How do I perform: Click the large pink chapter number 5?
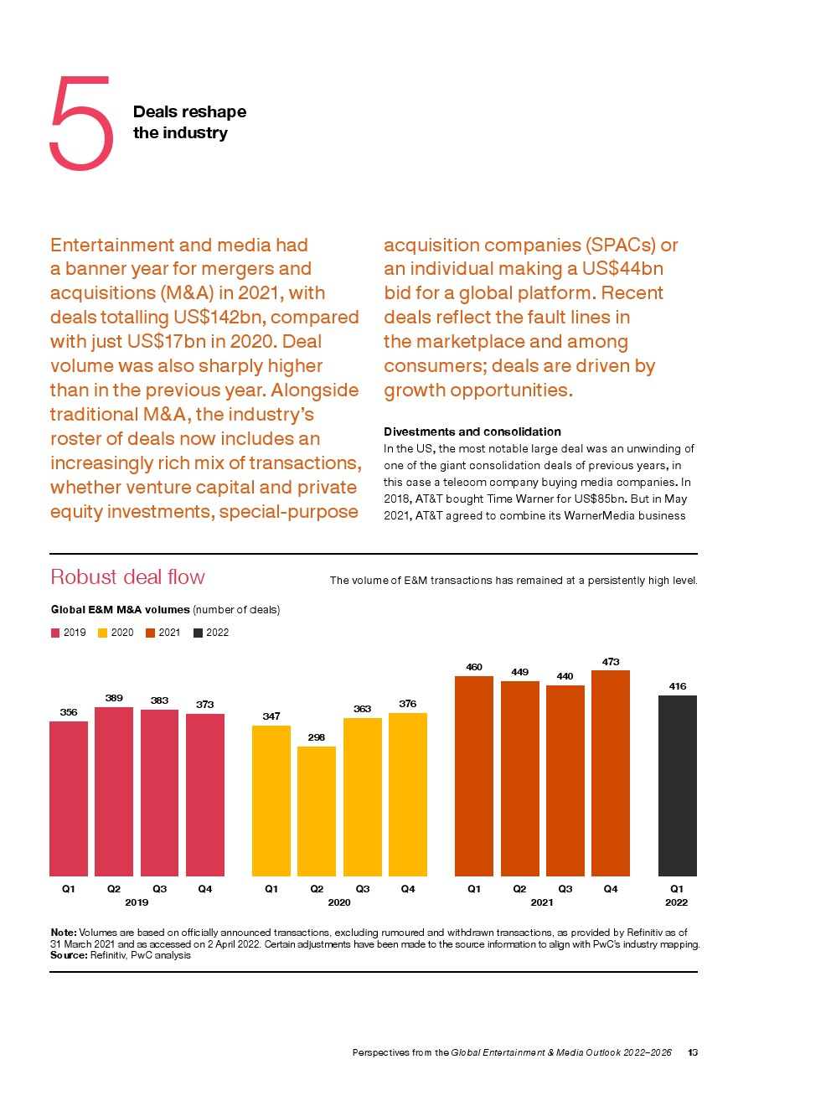pyautogui.click(x=80, y=122)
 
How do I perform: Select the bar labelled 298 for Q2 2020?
pyautogui.click(x=317, y=811)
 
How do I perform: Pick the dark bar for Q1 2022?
pyautogui.click(x=678, y=786)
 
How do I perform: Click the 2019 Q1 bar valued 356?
pyautogui.click(x=69, y=798)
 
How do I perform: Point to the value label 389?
pyautogui.click(x=114, y=698)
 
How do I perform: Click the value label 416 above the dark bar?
pyautogui.click(x=678, y=685)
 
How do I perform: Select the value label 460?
pyautogui.click(x=474, y=667)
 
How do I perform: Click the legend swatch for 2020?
pyautogui.click(x=103, y=633)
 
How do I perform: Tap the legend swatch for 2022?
pyautogui.click(x=198, y=633)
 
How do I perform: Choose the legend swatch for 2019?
pyautogui.click(x=55, y=633)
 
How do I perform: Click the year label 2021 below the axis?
pyautogui.click(x=542, y=902)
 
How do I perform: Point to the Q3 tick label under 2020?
pyautogui.click(x=363, y=889)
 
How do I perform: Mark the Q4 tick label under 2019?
pyautogui.click(x=205, y=889)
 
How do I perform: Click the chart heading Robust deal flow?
pyautogui.click(x=128, y=577)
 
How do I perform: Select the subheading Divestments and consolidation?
pyautogui.click(x=472, y=432)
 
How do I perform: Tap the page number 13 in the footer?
pyautogui.click(x=693, y=1052)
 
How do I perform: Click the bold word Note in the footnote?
pyautogui.click(x=64, y=933)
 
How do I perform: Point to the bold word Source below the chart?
pyautogui.click(x=69, y=955)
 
